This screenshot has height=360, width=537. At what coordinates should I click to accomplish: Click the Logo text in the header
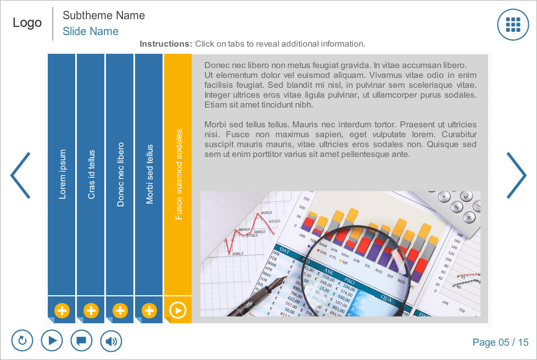(27, 22)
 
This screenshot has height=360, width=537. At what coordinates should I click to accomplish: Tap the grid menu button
(513, 25)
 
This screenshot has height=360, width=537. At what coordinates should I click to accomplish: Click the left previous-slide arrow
(20, 175)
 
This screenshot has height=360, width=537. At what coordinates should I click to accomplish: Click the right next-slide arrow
(516, 175)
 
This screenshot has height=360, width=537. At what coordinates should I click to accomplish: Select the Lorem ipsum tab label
(62, 174)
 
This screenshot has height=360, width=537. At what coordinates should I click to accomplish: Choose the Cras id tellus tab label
(91, 174)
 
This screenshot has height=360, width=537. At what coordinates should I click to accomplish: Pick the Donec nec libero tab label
(120, 174)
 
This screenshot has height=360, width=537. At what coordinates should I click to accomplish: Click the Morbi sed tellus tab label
(149, 174)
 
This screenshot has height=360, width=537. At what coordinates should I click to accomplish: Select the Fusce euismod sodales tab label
(178, 174)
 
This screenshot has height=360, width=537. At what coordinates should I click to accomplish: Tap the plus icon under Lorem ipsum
(62, 311)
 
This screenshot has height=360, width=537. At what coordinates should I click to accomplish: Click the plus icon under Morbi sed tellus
(149, 311)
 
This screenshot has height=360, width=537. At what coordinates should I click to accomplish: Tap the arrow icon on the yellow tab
(178, 311)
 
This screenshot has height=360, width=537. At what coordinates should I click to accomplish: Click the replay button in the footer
(23, 341)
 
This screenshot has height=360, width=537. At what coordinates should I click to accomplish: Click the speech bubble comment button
(81, 341)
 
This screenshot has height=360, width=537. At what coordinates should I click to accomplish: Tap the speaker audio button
(111, 341)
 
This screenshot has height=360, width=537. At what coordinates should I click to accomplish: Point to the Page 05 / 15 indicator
(500, 342)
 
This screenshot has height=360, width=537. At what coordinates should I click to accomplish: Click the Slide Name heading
(91, 31)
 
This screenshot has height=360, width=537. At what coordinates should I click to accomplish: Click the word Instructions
(165, 44)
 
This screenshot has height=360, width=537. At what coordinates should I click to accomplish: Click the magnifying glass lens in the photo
(357, 258)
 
